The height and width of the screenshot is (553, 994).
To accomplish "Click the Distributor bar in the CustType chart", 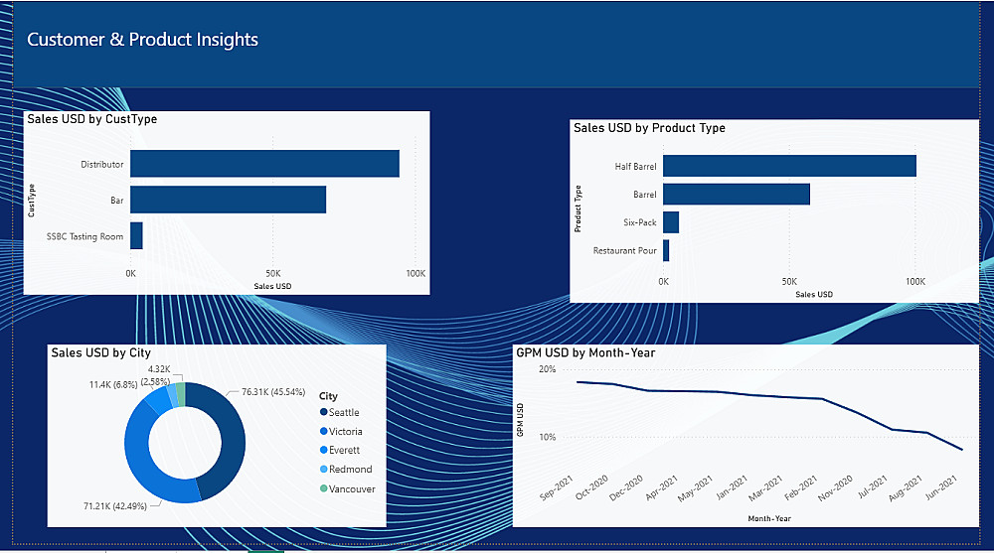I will [264, 164].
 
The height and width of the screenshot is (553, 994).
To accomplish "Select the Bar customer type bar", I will [228, 200].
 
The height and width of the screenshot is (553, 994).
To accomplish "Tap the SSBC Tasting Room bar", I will [136, 236].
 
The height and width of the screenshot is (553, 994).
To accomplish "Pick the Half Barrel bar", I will [789, 166].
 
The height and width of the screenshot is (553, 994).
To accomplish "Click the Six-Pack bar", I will [671, 222].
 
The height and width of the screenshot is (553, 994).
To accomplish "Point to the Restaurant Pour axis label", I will [624, 250].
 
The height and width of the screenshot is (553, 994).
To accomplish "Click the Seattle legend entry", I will [344, 412].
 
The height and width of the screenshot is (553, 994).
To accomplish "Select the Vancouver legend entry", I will [352, 488].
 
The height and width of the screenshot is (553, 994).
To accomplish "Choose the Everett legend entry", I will [344, 451].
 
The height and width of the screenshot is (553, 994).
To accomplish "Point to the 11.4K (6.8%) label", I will [113, 384].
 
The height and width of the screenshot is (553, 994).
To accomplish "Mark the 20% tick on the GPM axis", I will [546, 369].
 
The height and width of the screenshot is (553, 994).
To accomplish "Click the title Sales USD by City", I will [100, 352].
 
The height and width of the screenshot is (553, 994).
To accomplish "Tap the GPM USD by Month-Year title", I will [585, 352].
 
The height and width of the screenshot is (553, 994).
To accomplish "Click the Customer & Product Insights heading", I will [142, 40].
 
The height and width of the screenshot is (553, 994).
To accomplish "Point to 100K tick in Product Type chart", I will [915, 282].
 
